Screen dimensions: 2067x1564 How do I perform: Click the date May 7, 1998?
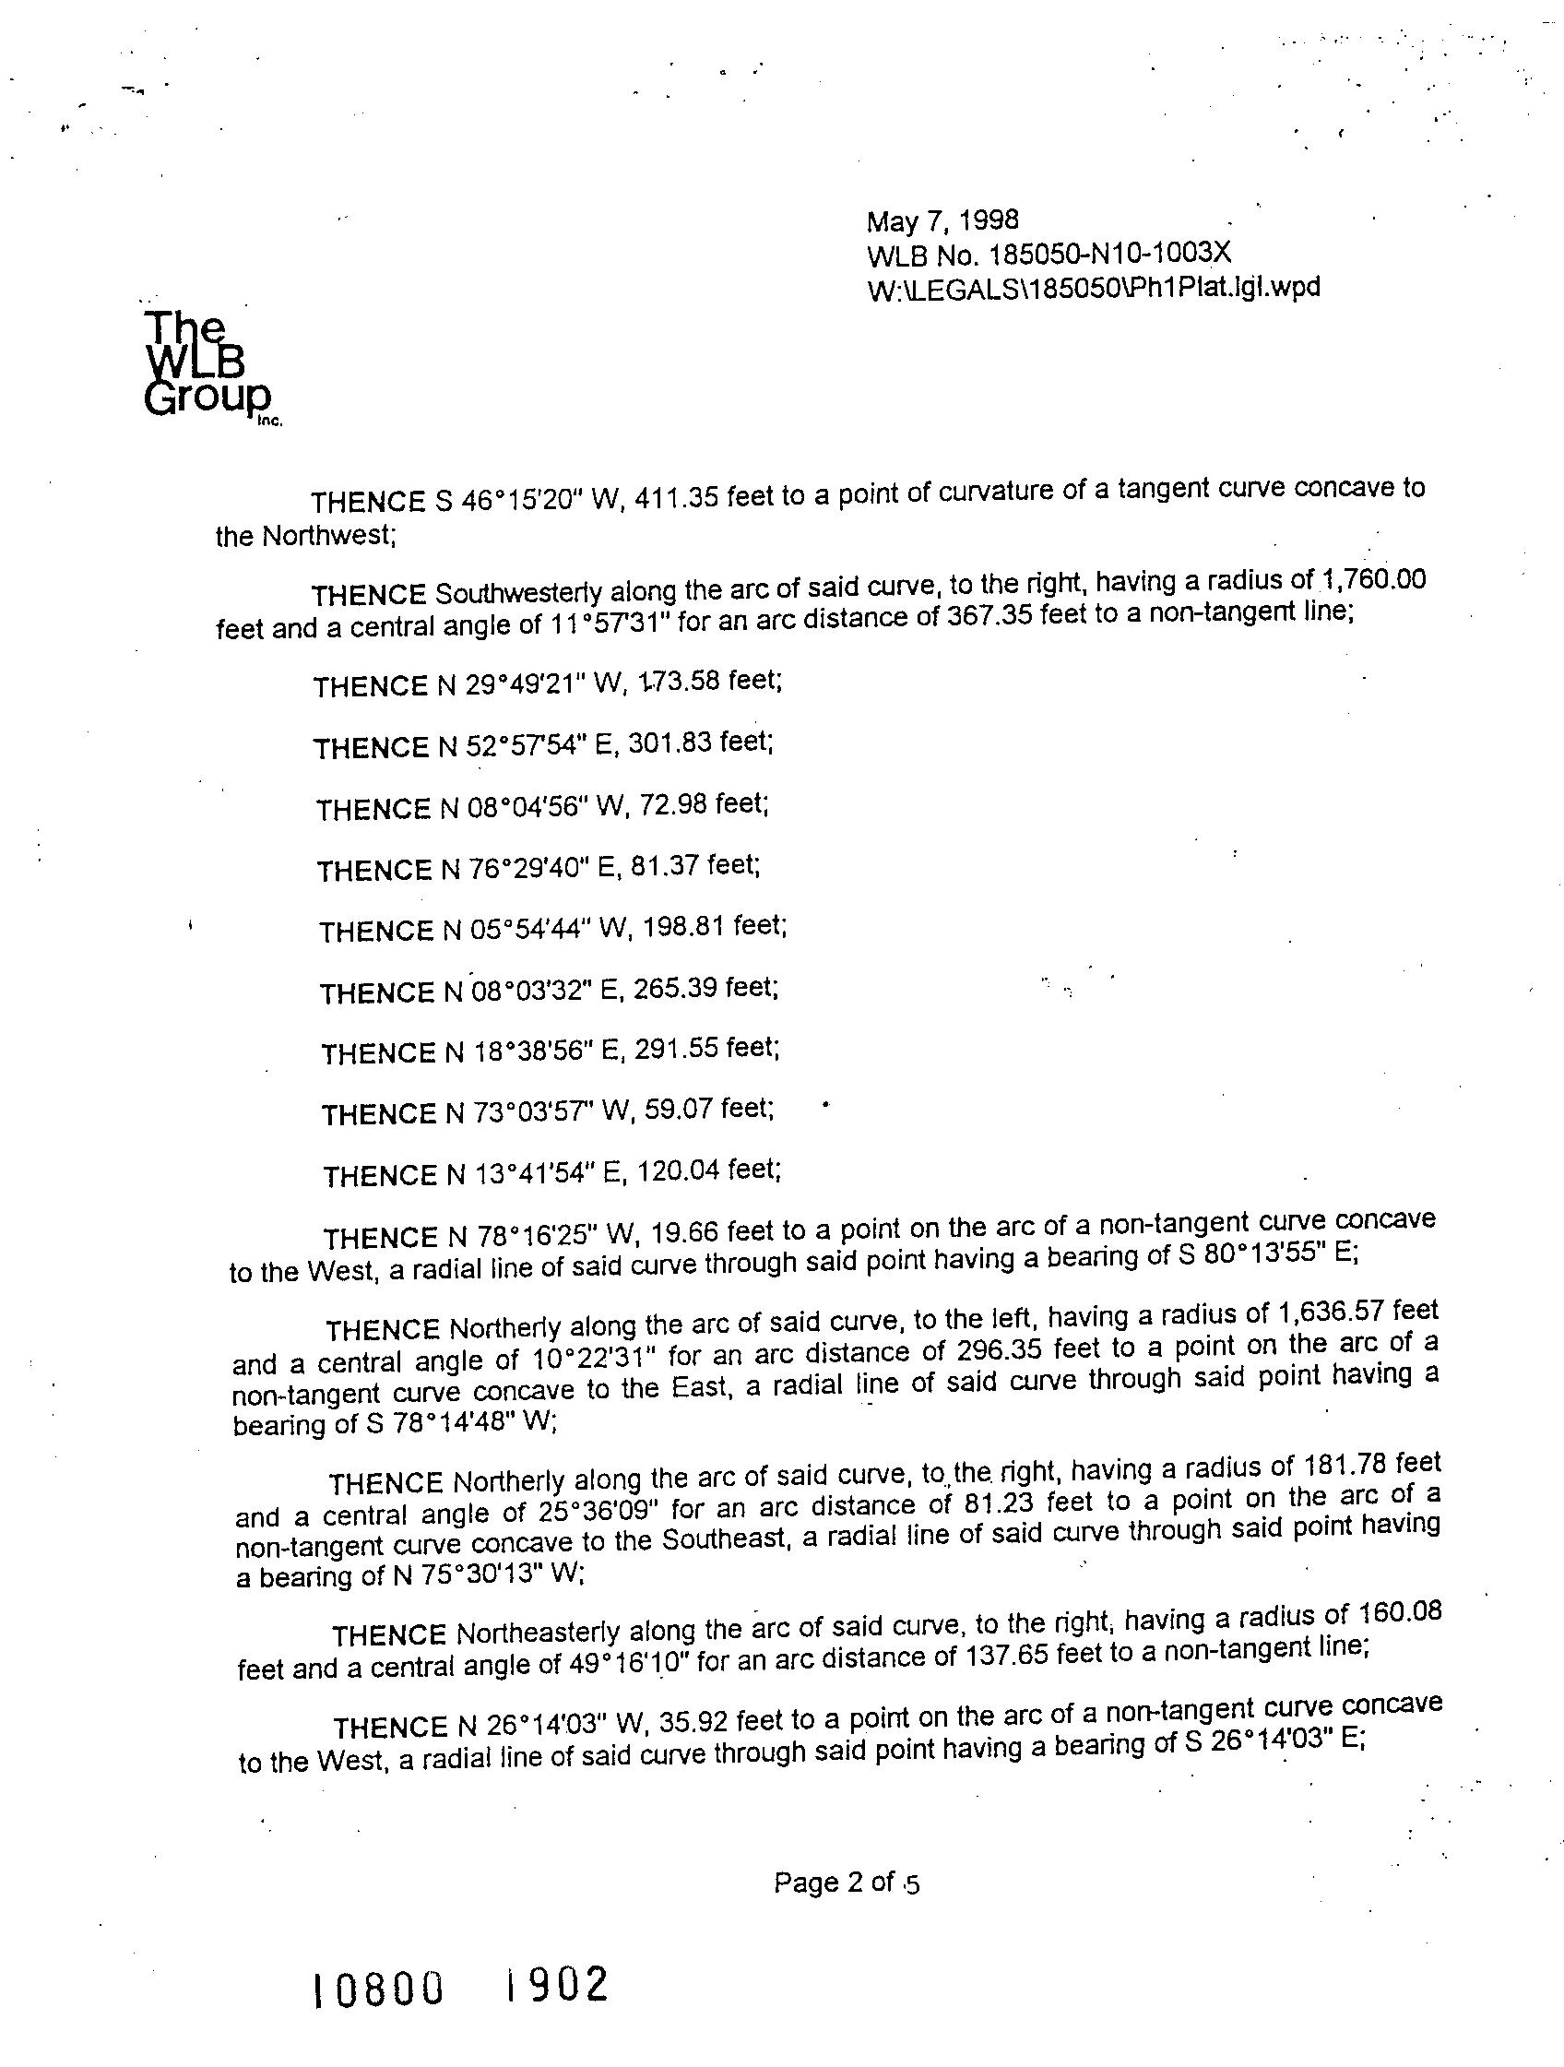(942, 220)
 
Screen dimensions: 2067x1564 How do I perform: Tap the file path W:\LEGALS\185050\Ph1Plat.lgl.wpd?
(1093, 288)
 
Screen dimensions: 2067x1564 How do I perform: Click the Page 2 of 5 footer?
(846, 1883)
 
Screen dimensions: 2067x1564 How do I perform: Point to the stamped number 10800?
(377, 1989)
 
